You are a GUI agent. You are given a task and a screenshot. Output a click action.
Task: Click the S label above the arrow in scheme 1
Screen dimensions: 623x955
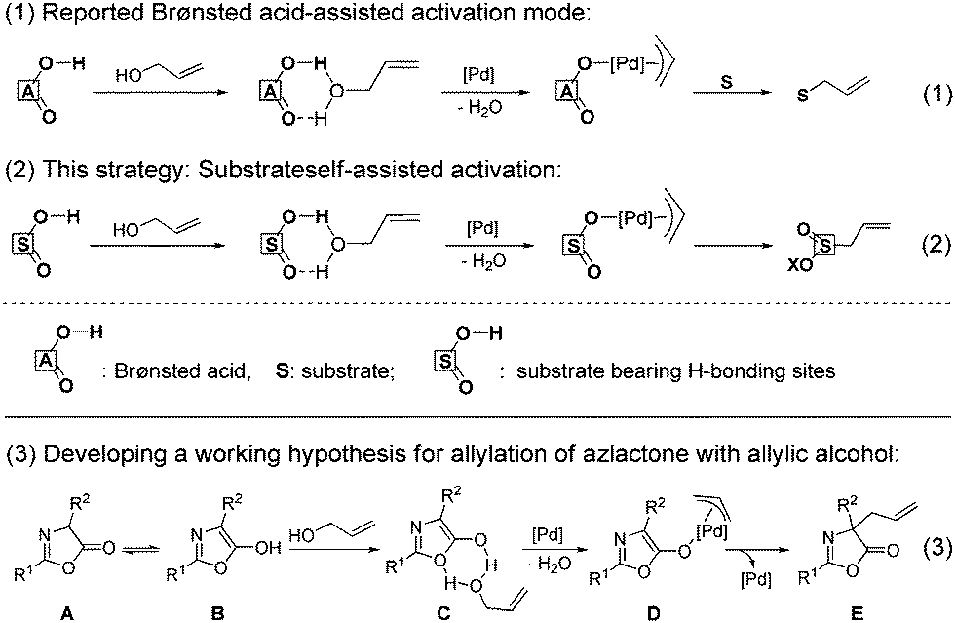(x=727, y=83)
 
